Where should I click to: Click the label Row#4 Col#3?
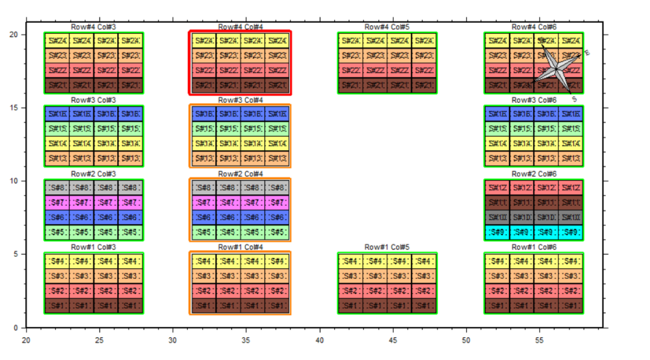coord(94,27)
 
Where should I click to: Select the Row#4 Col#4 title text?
coord(240,27)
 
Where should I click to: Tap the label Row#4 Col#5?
coord(387,27)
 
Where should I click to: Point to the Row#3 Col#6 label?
coord(534,101)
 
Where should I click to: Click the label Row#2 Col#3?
coord(94,174)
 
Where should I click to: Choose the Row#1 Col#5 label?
coord(387,248)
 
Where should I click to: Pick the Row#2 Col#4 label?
coord(240,174)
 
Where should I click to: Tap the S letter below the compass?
coord(575,99)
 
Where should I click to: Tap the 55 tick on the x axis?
coord(539,339)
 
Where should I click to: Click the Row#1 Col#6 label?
coord(534,248)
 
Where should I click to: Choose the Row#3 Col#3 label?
coord(94,101)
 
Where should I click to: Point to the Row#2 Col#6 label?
coord(534,174)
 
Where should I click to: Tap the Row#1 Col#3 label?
coord(94,248)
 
